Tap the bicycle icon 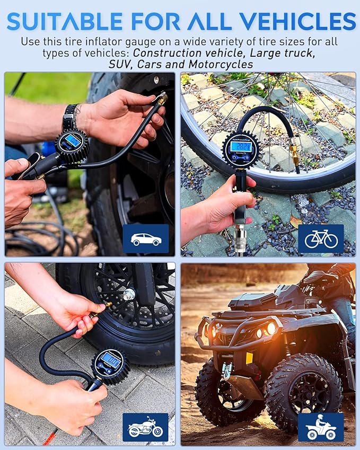[320, 239]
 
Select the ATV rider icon [320, 427]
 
